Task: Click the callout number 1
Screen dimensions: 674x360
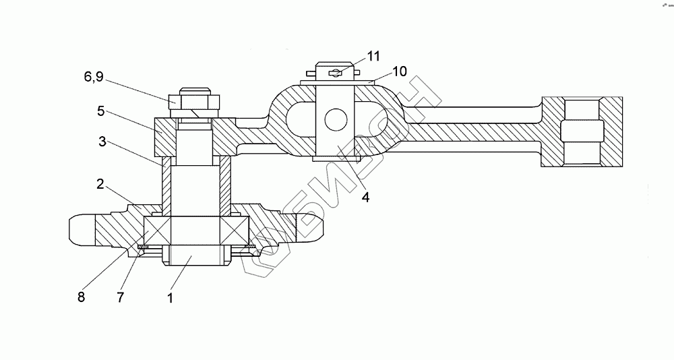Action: click(171, 297)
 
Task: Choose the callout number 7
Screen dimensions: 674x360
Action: click(120, 296)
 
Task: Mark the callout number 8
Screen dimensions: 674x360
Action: click(80, 296)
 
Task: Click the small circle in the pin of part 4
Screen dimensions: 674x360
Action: click(335, 120)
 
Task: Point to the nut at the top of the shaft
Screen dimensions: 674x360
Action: click(193, 102)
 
